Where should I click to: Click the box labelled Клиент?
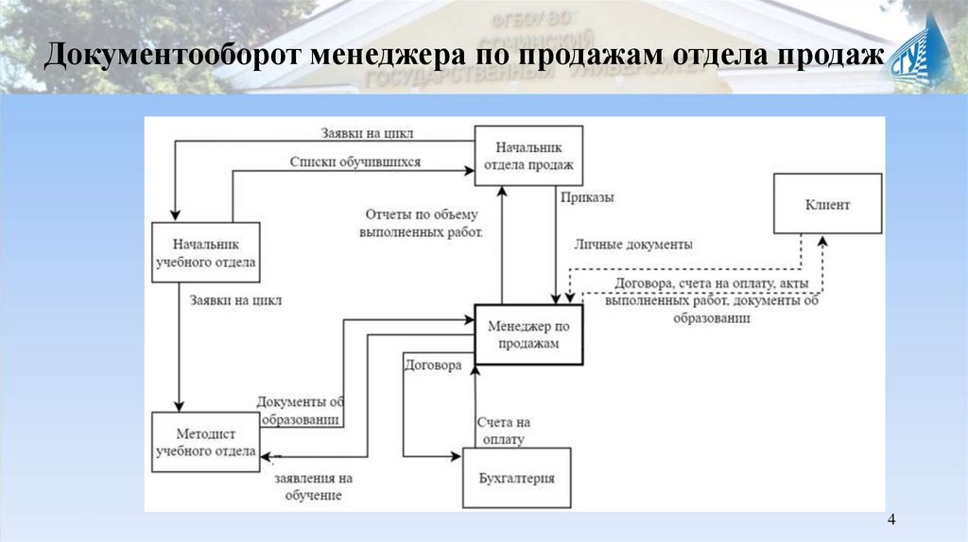coord(828,203)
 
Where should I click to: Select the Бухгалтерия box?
coord(516,479)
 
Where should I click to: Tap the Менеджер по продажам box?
coord(529,335)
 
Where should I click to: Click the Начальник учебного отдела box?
coord(205,252)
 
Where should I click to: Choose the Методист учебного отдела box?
coord(205,441)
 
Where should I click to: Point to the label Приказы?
coord(587,198)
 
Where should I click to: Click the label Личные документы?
coord(632,244)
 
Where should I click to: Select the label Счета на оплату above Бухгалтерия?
coord(504,431)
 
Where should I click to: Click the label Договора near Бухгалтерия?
coord(432,364)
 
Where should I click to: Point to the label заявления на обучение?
coord(308,485)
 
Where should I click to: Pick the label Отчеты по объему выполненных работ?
coord(424,223)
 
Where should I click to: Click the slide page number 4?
coord(892,521)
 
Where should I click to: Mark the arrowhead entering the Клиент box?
coord(822,240)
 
